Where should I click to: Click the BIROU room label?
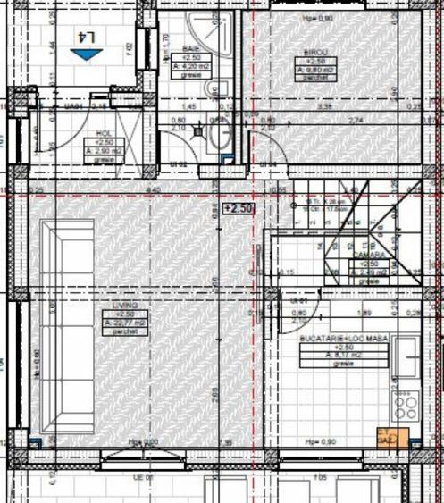pos(304,54)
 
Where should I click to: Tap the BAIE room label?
pos(190,48)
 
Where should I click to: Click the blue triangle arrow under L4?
pos(87,54)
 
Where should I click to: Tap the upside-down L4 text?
pos(87,38)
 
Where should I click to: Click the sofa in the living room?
pos(67,326)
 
